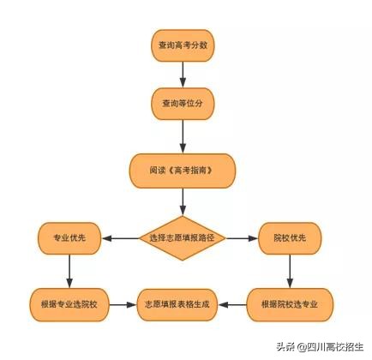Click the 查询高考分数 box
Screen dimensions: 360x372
click(183, 45)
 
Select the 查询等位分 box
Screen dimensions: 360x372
click(183, 104)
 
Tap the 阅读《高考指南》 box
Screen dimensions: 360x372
click(182, 171)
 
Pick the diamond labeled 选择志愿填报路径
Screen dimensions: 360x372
click(182, 237)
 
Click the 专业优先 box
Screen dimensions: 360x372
click(69, 237)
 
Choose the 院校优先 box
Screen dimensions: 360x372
click(290, 237)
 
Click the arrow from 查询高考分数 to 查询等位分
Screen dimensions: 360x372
click(183, 75)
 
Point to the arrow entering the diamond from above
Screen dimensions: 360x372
click(183, 202)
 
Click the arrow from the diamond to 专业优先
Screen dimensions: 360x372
click(120, 237)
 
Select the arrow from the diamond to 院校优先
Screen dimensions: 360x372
click(243, 237)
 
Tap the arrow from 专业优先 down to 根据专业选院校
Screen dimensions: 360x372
click(69, 270)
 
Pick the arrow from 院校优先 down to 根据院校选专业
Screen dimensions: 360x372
click(290, 270)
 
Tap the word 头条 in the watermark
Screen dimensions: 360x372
click(284, 347)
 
